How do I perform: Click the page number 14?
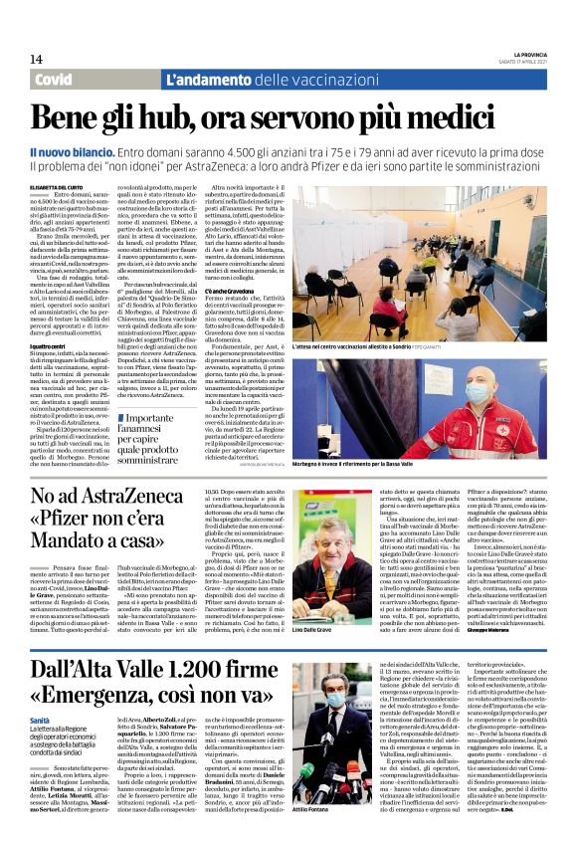click(x=36, y=59)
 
